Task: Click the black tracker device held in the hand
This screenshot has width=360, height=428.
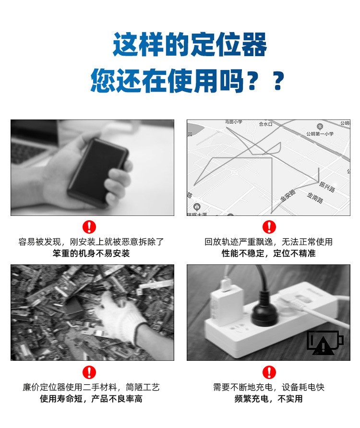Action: click(98, 172)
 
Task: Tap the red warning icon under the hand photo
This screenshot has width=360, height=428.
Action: click(89, 227)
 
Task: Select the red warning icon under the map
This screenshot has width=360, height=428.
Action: click(269, 227)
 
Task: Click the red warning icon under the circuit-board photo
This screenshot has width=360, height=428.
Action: click(89, 372)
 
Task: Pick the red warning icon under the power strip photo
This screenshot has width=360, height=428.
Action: click(269, 372)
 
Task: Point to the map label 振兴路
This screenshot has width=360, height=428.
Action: click(327, 187)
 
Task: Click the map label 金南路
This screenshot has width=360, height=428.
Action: click(315, 197)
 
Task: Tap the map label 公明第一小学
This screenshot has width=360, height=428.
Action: click(320, 134)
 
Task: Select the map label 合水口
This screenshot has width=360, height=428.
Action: click(265, 124)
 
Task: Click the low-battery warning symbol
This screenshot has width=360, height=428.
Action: click(324, 343)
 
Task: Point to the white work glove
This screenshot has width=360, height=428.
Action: click(120, 317)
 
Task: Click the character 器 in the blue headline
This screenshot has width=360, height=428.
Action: click(254, 45)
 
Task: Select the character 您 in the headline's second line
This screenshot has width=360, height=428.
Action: click(103, 81)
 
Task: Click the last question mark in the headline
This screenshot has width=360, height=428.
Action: click(278, 81)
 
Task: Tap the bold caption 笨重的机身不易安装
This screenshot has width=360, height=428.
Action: click(91, 253)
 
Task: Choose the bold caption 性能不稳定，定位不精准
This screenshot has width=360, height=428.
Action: click(268, 253)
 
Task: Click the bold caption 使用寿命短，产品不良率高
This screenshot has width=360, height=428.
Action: click(91, 399)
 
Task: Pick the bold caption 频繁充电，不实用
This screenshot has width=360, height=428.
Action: click(268, 399)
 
